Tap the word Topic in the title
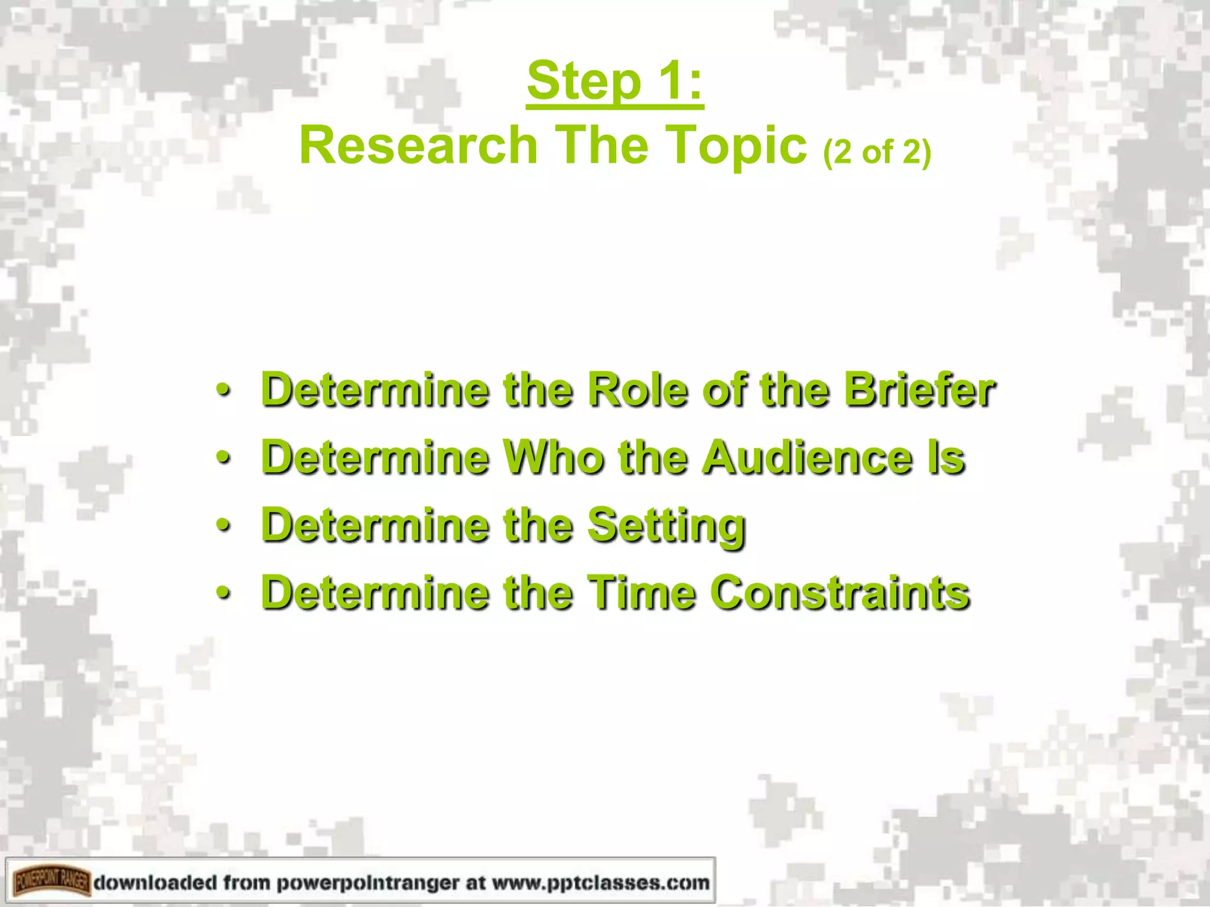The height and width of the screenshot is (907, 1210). tap(738, 146)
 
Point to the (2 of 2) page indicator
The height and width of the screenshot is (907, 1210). tap(877, 152)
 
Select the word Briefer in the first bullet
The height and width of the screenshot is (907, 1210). tap(920, 390)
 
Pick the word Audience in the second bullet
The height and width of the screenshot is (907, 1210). tap(807, 458)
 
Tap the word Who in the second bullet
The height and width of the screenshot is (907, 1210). tap(553, 458)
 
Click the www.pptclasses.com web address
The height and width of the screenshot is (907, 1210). tap(600, 883)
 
